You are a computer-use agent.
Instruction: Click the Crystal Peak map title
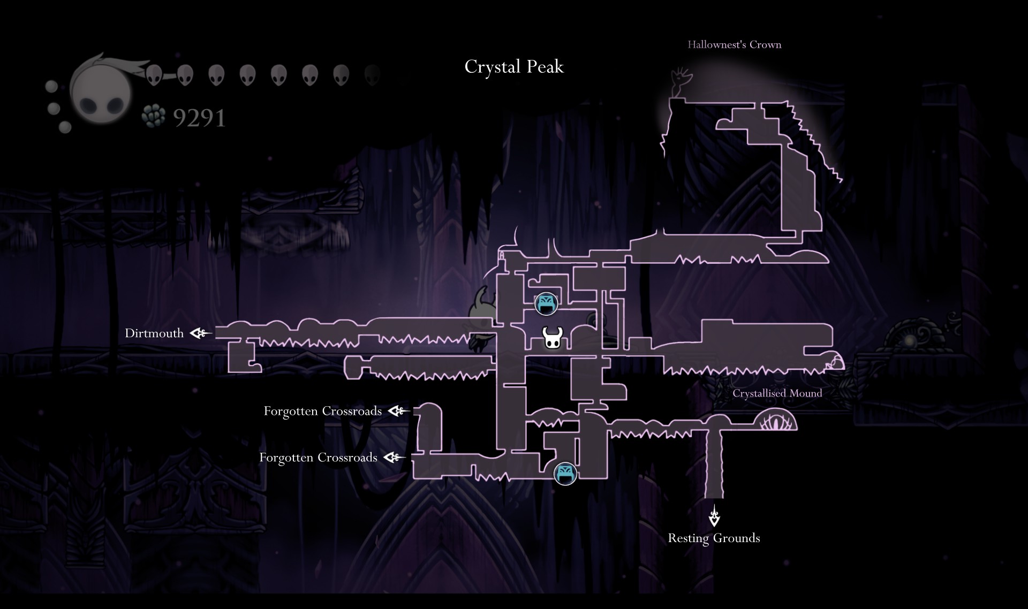click(x=514, y=67)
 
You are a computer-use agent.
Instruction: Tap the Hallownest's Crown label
click(x=734, y=44)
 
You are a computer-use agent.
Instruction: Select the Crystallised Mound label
click(x=777, y=393)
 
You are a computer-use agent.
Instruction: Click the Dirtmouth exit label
click(x=154, y=333)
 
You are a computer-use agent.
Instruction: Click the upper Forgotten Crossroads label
click(x=322, y=411)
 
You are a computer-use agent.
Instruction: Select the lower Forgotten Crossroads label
click(x=318, y=458)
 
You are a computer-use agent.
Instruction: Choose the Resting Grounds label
click(x=714, y=538)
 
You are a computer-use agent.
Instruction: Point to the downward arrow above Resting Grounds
click(x=714, y=516)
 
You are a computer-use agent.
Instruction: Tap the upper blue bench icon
click(x=546, y=303)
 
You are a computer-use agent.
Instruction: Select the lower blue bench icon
click(x=565, y=473)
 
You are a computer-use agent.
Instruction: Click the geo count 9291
click(x=199, y=118)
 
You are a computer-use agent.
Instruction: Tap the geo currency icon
click(x=153, y=116)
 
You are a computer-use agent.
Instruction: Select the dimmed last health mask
click(x=372, y=75)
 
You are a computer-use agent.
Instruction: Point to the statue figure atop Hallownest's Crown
click(x=681, y=83)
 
